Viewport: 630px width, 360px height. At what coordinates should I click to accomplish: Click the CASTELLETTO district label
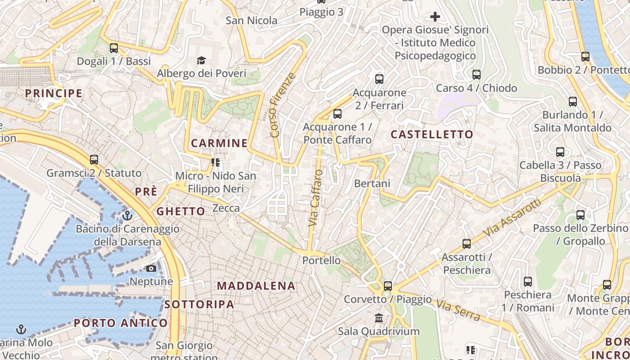(432, 134)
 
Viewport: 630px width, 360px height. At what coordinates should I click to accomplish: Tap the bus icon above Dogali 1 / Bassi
(114, 48)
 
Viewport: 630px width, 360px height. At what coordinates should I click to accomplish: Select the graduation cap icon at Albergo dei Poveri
(201, 60)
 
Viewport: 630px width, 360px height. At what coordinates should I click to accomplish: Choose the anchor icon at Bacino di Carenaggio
(127, 216)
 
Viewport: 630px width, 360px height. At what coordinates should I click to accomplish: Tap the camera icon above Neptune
(151, 269)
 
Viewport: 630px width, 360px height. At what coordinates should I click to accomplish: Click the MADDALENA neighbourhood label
(256, 286)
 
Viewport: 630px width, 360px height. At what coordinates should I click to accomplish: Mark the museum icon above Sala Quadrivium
(379, 318)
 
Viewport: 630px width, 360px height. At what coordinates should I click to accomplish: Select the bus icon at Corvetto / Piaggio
(387, 286)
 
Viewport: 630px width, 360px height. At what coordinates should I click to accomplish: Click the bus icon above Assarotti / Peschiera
(466, 244)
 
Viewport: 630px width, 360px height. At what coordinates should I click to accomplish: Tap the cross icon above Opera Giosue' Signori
(435, 17)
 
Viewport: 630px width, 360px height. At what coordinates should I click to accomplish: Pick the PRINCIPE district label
(54, 94)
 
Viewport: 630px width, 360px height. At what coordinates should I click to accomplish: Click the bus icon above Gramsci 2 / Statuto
(94, 160)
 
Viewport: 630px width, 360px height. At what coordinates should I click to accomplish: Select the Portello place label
(321, 260)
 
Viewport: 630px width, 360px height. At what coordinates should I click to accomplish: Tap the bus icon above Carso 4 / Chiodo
(476, 75)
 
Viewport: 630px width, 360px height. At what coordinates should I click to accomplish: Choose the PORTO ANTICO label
(121, 323)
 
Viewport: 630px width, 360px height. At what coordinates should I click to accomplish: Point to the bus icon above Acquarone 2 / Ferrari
(379, 79)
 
